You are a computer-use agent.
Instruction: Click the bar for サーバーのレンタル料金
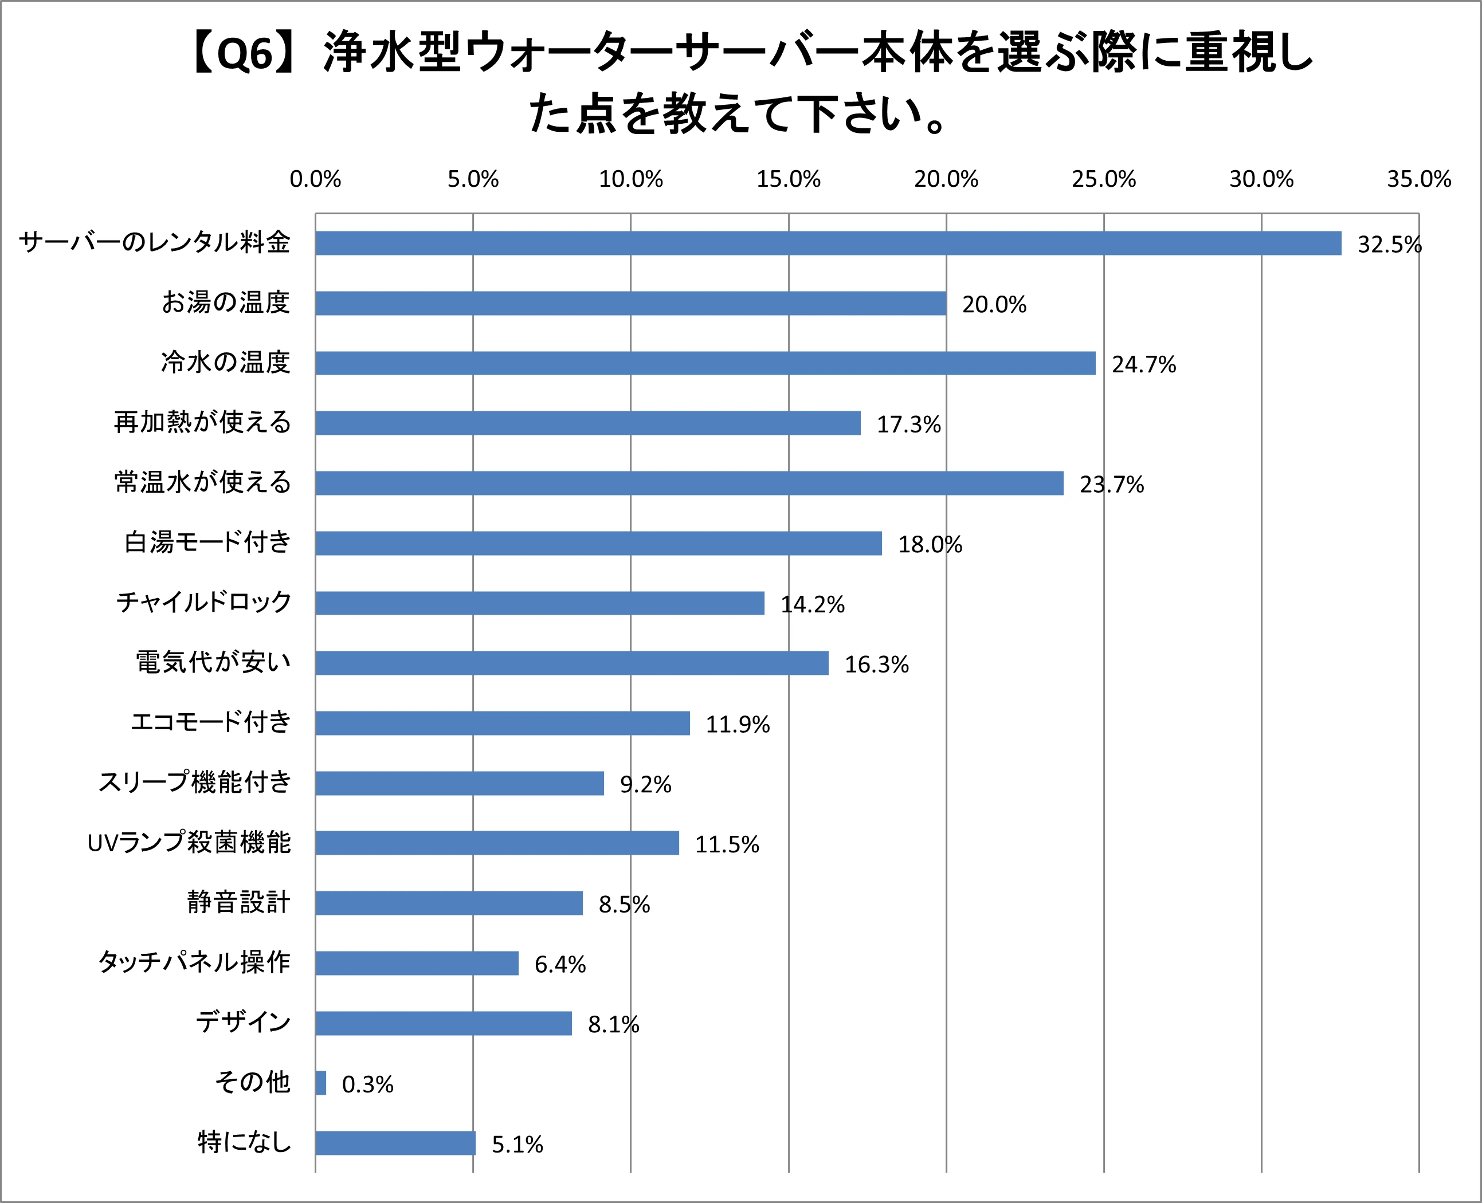coord(828,243)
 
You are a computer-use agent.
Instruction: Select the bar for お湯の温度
coord(631,304)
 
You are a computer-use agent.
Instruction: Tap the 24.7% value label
coord(1144,364)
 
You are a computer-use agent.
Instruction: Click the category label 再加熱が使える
coord(202,422)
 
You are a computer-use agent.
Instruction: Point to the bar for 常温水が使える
coord(689,483)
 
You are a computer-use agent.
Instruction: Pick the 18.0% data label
coord(930,545)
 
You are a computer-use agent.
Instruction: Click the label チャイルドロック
coord(204,601)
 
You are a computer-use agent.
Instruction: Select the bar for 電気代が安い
coord(572,663)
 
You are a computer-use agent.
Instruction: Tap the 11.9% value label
coord(738,725)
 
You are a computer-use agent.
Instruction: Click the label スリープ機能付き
coord(195,782)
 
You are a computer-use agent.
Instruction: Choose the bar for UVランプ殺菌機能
coord(497,843)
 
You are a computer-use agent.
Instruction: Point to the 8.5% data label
coord(624,905)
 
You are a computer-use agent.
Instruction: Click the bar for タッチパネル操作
coord(417,963)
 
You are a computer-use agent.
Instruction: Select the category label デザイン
coord(242,1022)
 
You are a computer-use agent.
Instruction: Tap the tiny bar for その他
coord(320,1083)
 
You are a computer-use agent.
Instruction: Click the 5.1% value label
coord(517,1145)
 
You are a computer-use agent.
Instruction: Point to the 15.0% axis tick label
coord(788,179)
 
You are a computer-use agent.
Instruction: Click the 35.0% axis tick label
coord(1418,179)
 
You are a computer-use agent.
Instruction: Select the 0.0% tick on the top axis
coord(315,179)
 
